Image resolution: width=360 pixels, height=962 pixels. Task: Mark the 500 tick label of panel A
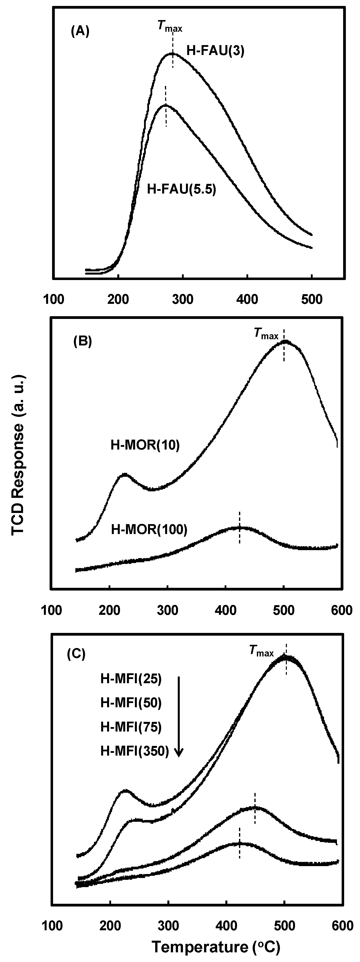pos(311,300)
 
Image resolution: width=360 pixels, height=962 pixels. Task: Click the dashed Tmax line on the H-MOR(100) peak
pos(239,527)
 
